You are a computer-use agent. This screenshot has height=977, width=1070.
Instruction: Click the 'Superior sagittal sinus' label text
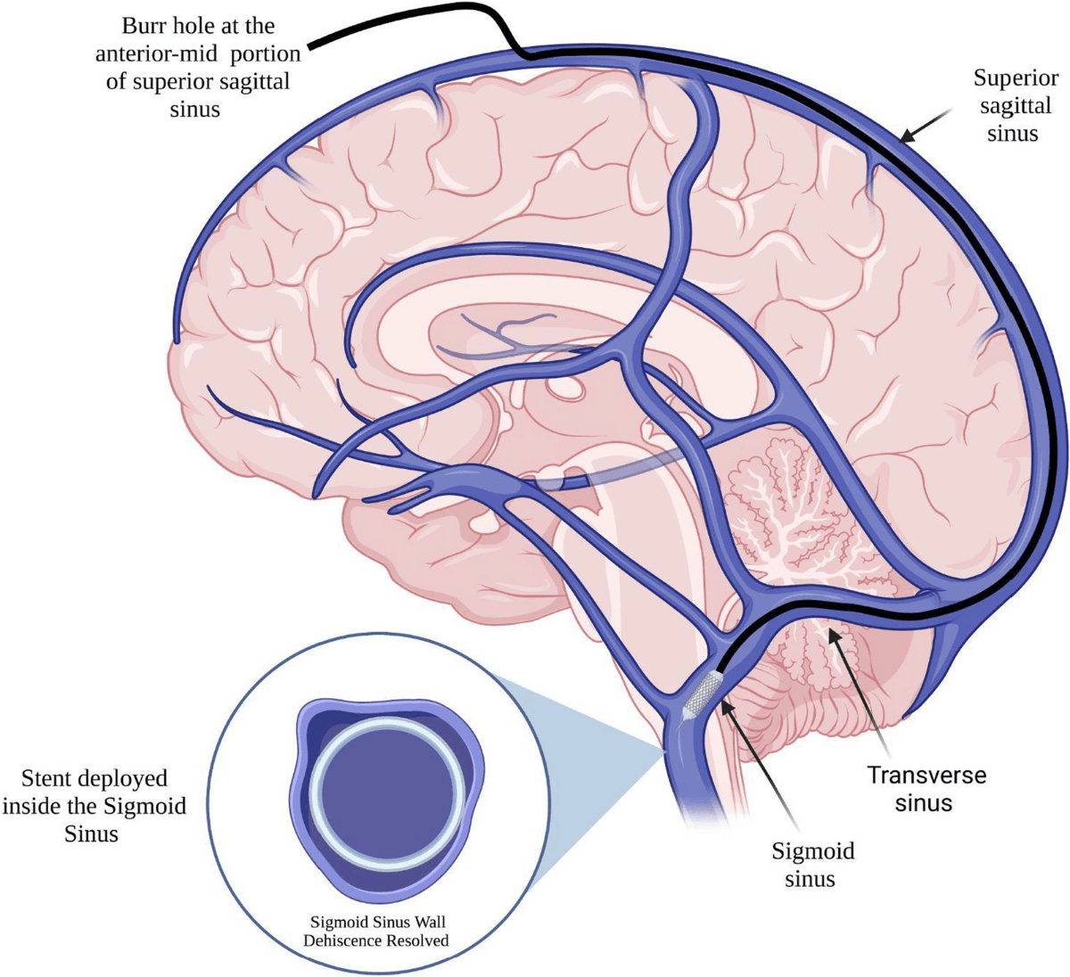pyautogui.click(x=1005, y=105)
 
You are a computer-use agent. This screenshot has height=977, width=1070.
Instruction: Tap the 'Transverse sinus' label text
pyautogui.click(x=927, y=788)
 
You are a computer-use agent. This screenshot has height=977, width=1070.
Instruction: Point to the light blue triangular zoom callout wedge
pyautogui.click(x=580, y=767)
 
